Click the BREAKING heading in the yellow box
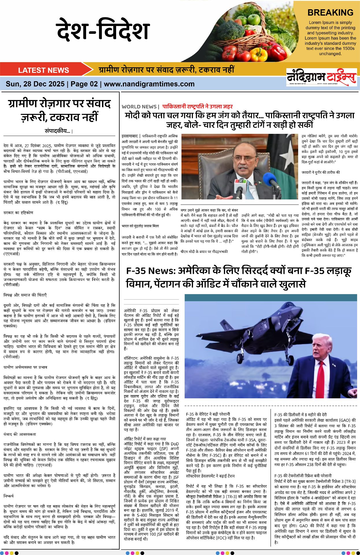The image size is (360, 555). click(330, 13)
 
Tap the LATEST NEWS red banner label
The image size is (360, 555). click(43, 70)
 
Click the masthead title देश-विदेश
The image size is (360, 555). click(103, 30)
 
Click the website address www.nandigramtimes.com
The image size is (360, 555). click(149, 84)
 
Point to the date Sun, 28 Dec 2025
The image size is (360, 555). click(35, 84)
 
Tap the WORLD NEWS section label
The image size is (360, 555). click(139, 107)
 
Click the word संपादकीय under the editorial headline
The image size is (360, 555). click(57, 131)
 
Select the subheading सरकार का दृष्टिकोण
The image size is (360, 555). click(18, 212)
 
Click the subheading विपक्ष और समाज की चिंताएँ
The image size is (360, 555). click(25, 295)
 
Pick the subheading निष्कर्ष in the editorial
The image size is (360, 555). click(8, 496)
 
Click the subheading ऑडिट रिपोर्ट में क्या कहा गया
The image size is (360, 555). click(145, 439)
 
